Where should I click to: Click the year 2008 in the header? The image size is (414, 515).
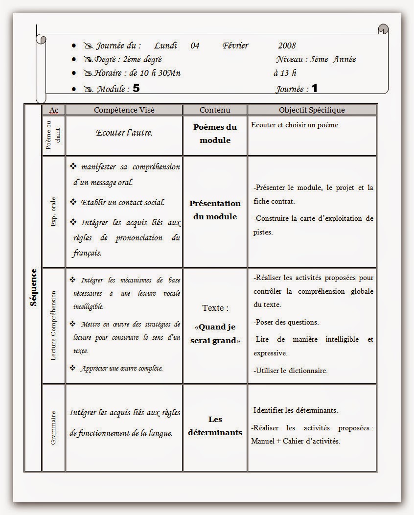tap(287, 46)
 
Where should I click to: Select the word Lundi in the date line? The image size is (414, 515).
tap(166, 46)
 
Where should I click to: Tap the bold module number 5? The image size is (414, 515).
tap(136, 89)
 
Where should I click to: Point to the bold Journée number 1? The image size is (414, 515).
tap(314, 89)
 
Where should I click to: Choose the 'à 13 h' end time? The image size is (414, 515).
tap(285, 73)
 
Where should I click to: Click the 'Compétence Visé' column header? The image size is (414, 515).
tap(124, 110)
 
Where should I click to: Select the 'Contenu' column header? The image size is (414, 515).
tap(215, 110)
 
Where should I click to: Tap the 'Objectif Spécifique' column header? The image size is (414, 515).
tap(312, 110)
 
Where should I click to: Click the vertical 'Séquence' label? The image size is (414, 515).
tap(33, 287)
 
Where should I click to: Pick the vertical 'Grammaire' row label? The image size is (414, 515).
tap(53, 428)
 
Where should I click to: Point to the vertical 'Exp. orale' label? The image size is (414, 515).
tap(53, 211)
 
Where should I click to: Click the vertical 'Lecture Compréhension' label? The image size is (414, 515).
tap(53, 326)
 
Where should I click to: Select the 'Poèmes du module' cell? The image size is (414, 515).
tap(215, 134)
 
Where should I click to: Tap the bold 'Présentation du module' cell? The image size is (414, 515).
tap(215, 210)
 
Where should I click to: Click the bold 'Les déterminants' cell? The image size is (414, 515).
tap(215, 426)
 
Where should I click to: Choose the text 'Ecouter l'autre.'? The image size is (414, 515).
tap(124, 133)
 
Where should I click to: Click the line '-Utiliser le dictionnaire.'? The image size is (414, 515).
tap(291, 371)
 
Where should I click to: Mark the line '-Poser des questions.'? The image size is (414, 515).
tap(286, 322)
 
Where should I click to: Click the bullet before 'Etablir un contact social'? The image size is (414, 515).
tap(74, 202)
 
